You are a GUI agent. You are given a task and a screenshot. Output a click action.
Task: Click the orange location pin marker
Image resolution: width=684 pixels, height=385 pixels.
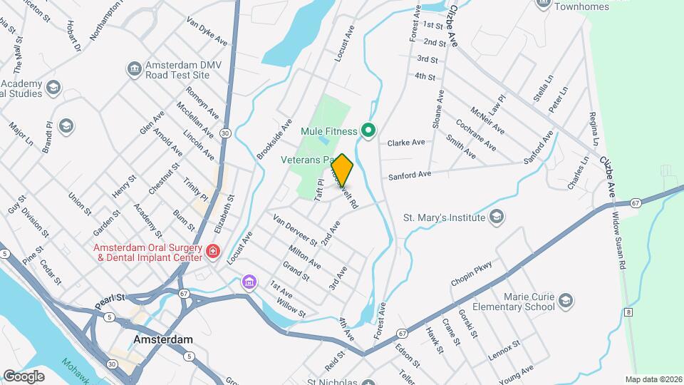coord(342,170)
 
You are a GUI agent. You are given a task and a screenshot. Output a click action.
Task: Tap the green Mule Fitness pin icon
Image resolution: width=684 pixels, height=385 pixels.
coord(368,130)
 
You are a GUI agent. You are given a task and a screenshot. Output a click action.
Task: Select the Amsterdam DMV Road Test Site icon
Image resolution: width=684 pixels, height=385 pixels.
coord(133,68)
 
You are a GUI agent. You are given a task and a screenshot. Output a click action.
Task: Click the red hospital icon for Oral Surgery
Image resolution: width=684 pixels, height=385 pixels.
coord(212,251)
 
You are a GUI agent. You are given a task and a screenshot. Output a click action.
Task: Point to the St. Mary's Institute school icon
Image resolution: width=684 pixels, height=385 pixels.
coord(497,217)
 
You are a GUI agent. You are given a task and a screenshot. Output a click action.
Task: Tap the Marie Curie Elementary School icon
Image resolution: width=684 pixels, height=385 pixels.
coord(566,300)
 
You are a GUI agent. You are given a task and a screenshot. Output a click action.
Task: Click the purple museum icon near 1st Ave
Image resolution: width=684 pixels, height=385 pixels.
coord(248,282)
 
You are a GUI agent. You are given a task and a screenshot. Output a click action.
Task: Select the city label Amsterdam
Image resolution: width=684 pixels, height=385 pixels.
coord(163,339)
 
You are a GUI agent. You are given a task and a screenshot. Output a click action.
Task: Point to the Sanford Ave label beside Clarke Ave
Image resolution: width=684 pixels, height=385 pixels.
coord(410,175)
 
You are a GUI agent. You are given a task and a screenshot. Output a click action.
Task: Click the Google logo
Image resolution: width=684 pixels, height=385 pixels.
coord(23,376)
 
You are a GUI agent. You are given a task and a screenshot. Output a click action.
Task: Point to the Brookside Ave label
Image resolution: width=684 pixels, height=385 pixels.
coord(275,138)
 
